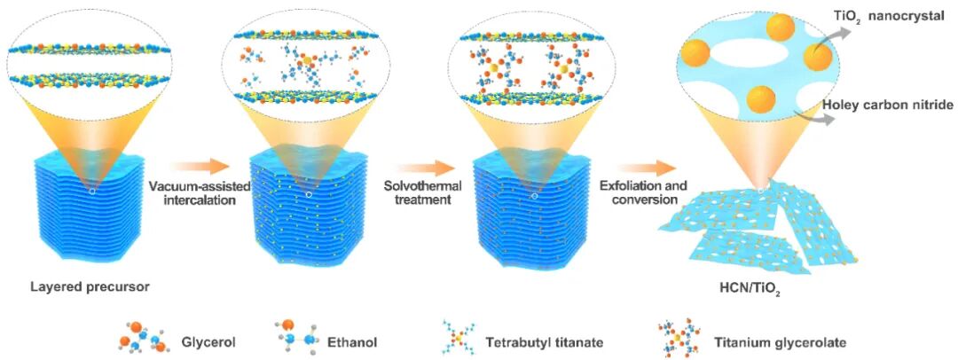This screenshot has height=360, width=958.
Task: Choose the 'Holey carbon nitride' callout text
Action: tap(887, 106)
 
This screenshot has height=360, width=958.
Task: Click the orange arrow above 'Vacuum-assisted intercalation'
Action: tap(193, 166)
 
